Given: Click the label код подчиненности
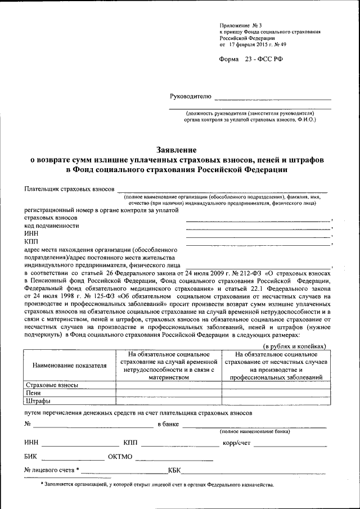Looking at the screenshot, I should pyautogui.click(x=51, y=225).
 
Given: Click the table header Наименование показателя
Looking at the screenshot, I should pyautogui.click(x=69, y=366).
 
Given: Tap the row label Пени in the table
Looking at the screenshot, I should pyautogui.click(x=33, y=393).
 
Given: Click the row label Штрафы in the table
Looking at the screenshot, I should pyautogui.click(x=38, y=401).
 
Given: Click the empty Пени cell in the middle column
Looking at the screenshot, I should pyautogui.click(x=168, y=393).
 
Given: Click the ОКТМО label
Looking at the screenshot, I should pyautogui.click(x=120, y=456).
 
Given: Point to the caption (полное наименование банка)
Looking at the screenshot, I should pyautogui.click(x=255, y=431).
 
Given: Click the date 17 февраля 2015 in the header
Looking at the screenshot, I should pyautogui.click(x=252, y=44).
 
